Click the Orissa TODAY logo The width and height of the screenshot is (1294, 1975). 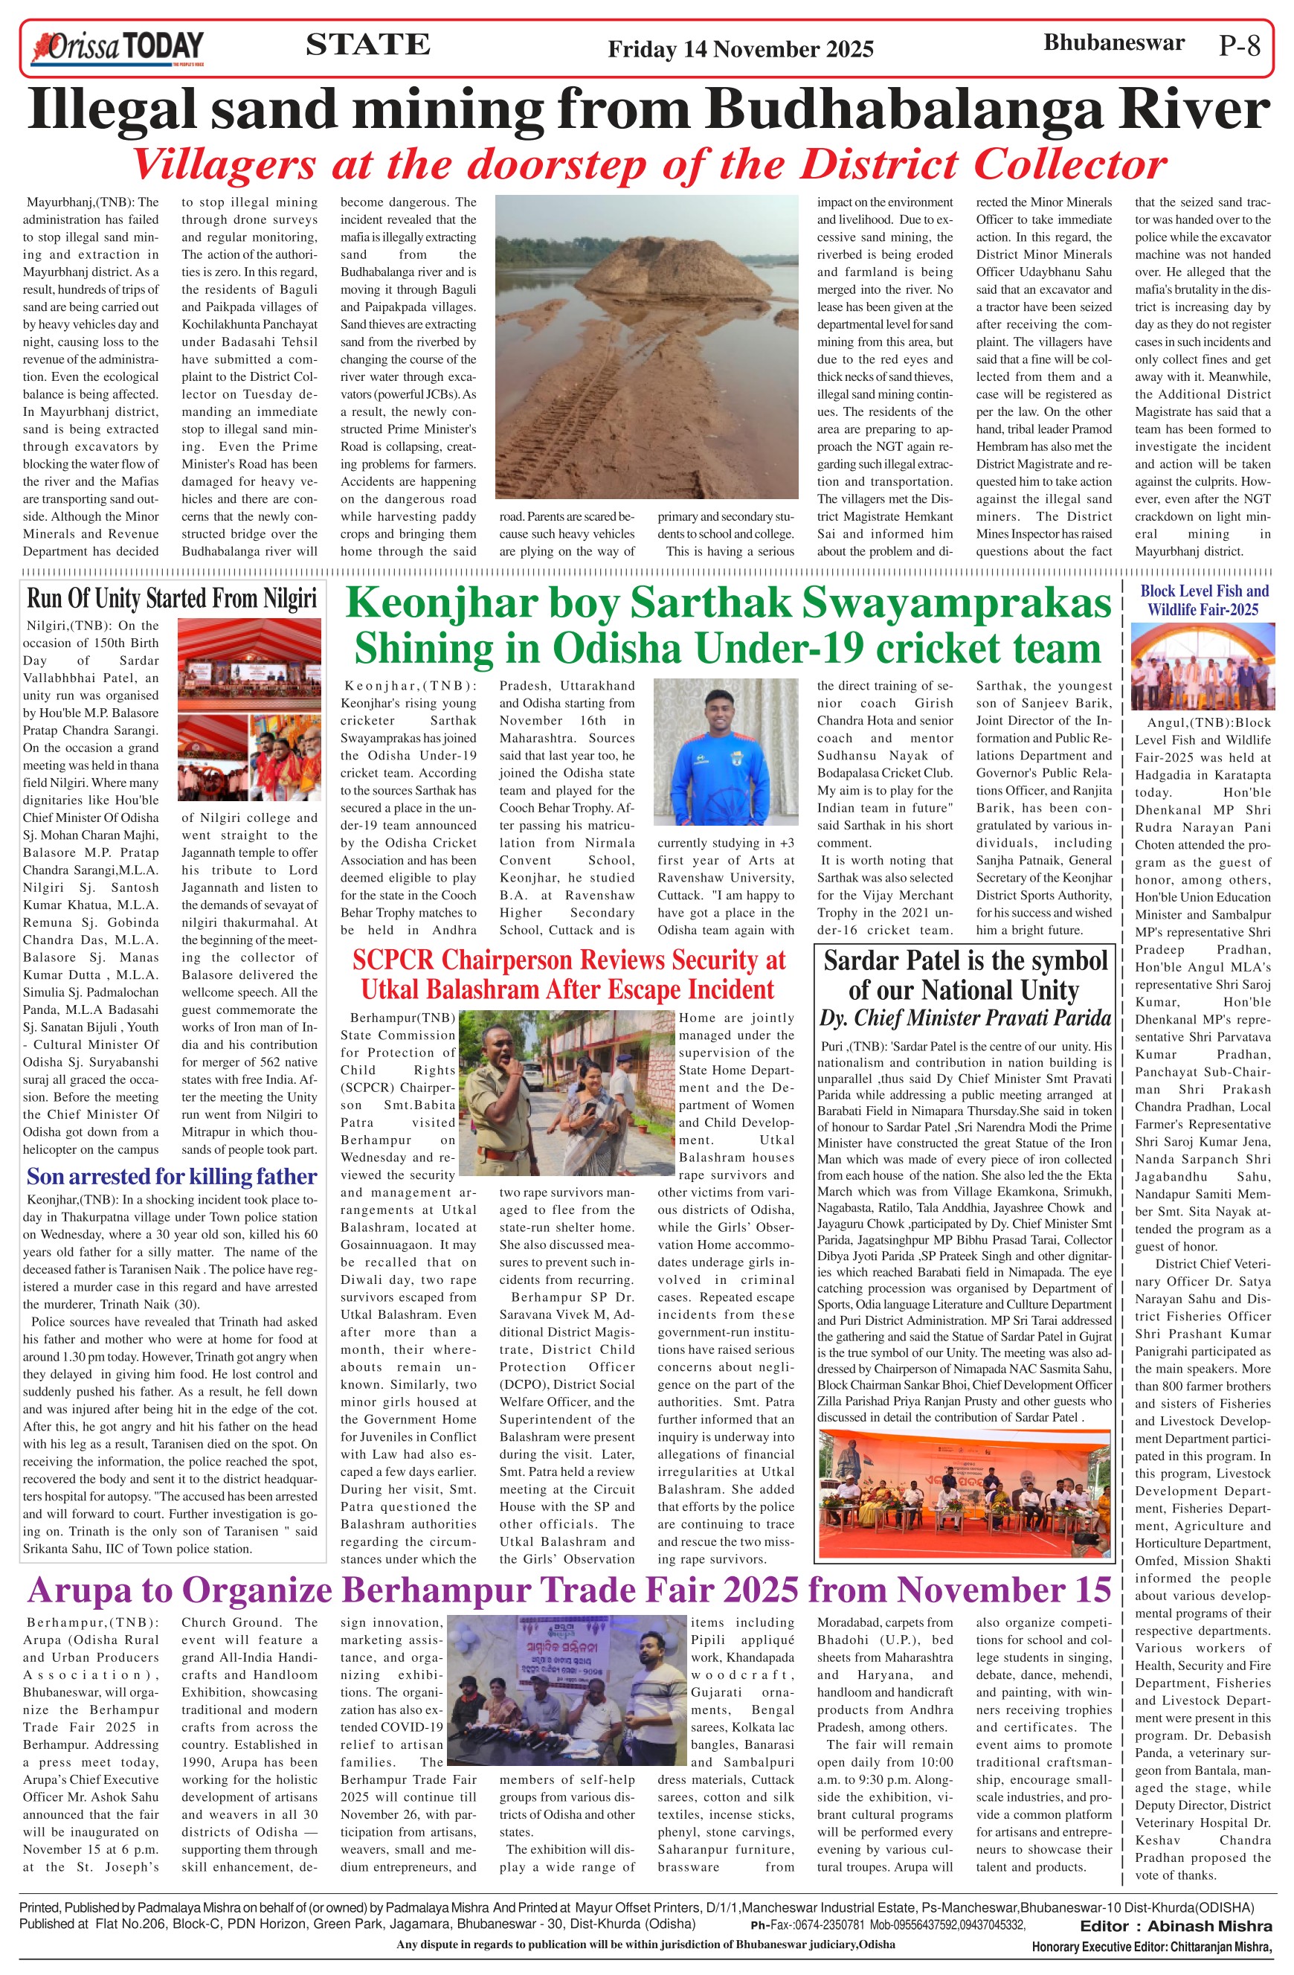117,48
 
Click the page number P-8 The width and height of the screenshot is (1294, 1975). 1239,45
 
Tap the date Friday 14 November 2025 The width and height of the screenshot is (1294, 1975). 740,50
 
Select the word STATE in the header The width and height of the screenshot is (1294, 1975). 367,44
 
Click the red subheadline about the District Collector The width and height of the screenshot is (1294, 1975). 649,164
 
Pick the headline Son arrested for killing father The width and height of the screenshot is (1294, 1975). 172,1176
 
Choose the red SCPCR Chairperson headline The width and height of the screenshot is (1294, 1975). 568,974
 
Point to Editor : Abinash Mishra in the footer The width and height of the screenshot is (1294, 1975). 1175,1926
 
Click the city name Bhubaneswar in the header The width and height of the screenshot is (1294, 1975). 1113,43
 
